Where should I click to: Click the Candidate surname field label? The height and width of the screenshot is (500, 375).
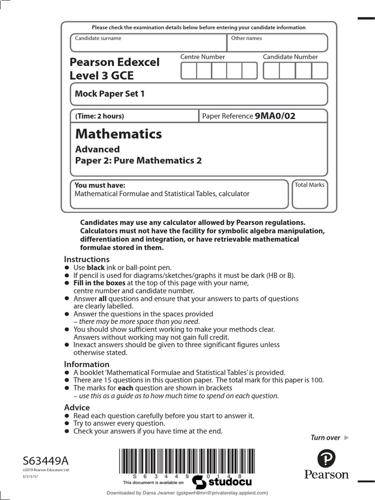[98, 38]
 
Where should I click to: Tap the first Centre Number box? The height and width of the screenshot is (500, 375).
[188, 71]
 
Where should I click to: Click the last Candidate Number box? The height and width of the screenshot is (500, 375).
[320, 71]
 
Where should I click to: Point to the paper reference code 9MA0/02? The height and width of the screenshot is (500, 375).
[275, 116]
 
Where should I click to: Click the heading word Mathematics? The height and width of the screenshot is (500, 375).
[118, 134]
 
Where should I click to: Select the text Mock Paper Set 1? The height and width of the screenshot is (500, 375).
[110, 94]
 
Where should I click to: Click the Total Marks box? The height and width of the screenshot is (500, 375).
[310, 195]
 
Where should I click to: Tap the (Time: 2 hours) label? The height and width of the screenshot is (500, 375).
[100, 116]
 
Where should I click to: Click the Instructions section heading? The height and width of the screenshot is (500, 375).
[87, 259]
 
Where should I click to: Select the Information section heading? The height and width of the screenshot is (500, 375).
[87, 364]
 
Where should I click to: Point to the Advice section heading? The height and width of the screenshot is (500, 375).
[77, 407]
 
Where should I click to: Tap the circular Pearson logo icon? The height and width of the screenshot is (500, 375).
[326, 459]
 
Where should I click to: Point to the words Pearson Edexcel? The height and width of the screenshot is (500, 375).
[115, 62]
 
